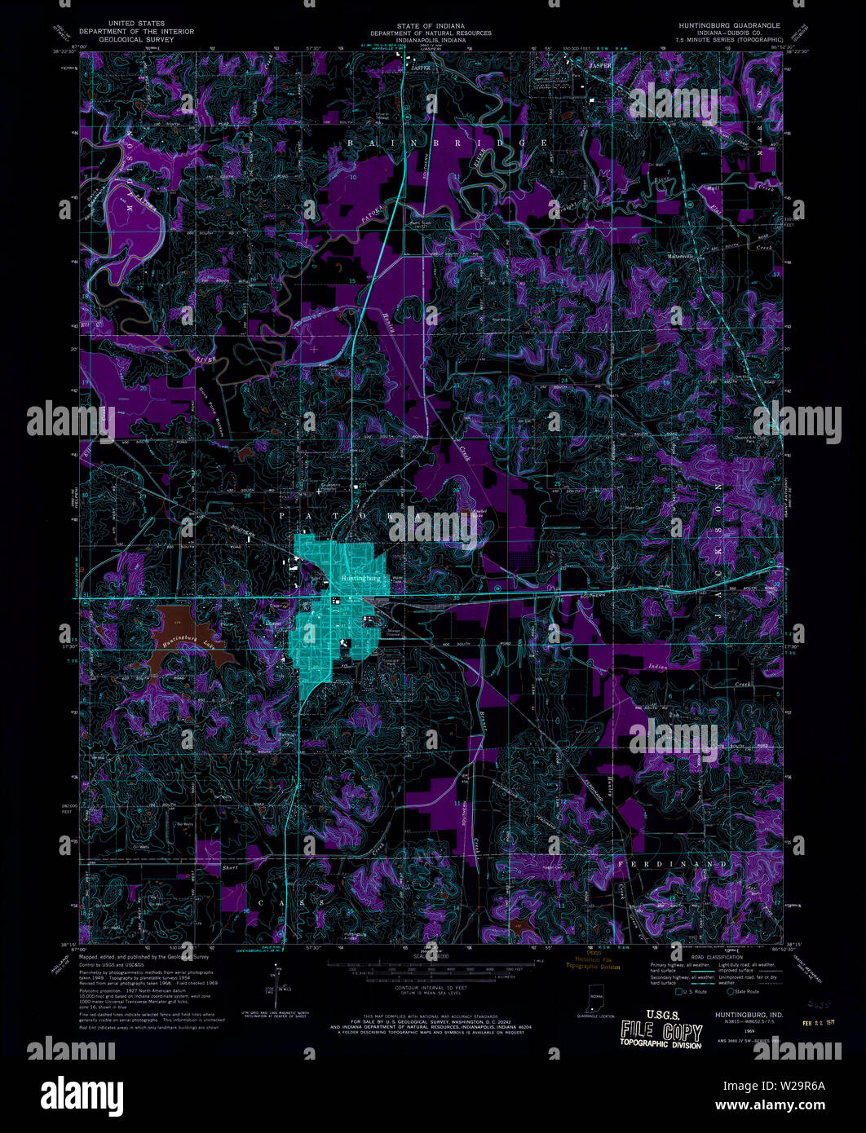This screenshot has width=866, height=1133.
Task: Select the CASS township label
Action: pyautogui.click(x=291, y=903)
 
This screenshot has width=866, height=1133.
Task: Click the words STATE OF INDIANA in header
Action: pyautogui.click(x=431, y=26)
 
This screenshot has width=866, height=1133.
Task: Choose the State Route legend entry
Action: pyautogui.click(x=742, y=991)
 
